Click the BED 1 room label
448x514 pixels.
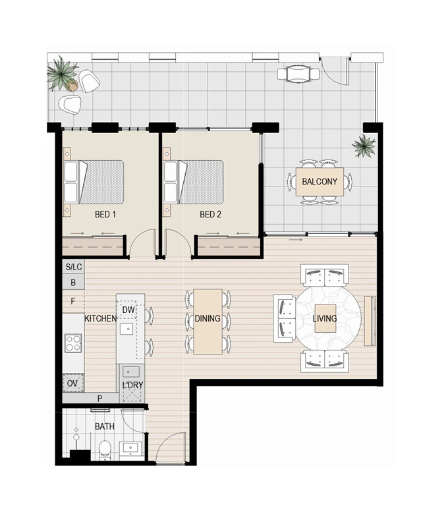click(x=105, y=214)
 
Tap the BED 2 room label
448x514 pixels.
click(x=210, y=214)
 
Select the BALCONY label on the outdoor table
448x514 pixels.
click(x=320, y=182)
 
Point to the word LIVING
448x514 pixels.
click(x=324, y=318)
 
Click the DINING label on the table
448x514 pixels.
click(x=208, y=318)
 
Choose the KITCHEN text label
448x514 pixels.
click(x=101, y=318)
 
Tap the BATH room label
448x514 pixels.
click(x=105, y=426)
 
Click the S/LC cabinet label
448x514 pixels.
click(x=74, y=267)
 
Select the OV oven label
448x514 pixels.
click(x=72, y=384)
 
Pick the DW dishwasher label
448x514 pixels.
click(x=128, y=310)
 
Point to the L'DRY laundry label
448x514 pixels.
click(x=132, y=385)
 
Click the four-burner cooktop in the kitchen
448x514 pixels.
click(x=73, y=343)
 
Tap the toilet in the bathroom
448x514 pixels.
click(x=105, y=449)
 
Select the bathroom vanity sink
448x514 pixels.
click(x=130, y=448)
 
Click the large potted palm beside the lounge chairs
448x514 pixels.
click(x=63, y=74)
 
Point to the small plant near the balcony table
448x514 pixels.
click(x=364, y=146)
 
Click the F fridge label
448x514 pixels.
click(x=73, y=301)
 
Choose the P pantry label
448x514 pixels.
click(x=100, y=399)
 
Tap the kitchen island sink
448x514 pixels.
click(x=126, y=329)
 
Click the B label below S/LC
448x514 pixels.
click(x=73, y=282)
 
